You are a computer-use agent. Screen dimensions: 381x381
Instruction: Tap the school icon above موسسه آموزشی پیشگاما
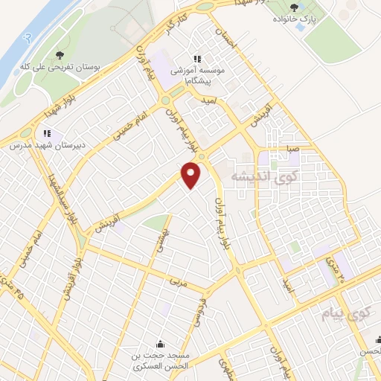[197, 59]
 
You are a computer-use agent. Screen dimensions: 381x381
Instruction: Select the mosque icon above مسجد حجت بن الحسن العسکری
[161, 344]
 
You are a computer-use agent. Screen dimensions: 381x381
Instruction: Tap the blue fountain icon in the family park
[300, 27]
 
